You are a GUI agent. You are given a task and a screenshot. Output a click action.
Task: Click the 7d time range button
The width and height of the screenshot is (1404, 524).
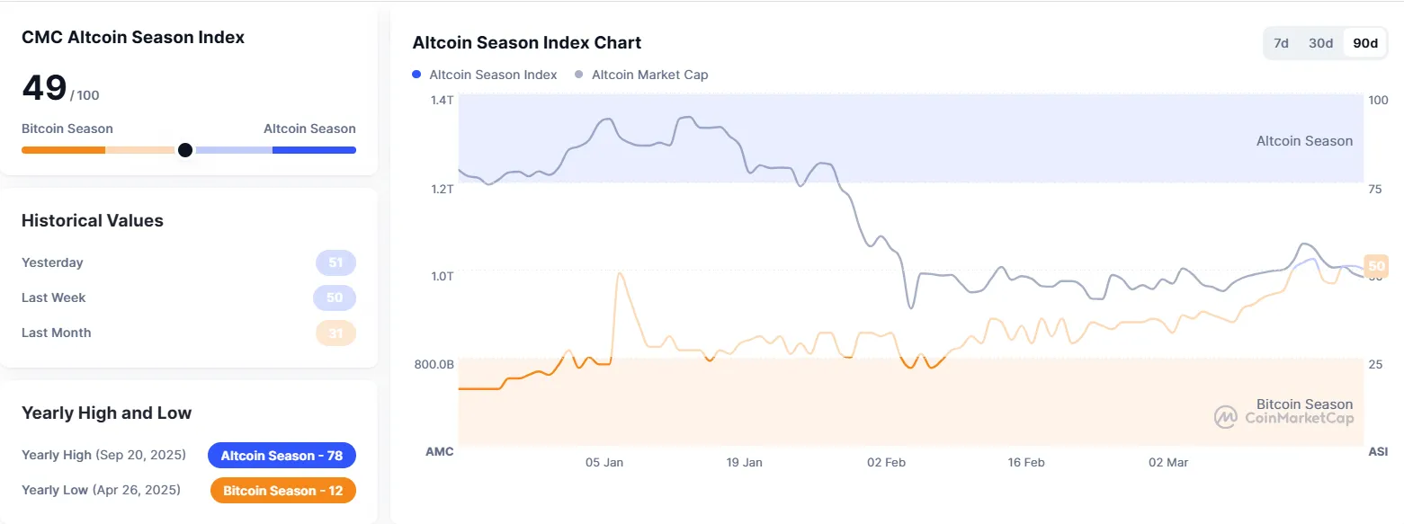click(x=1282, y=43)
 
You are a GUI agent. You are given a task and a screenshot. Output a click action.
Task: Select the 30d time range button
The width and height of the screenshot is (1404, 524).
click(x=1320, y=43)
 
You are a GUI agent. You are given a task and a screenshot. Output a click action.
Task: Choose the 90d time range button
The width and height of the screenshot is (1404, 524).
click(x=1365, y=43)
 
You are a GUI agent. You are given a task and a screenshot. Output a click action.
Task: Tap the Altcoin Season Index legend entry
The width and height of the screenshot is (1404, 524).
click(x=485, y=75)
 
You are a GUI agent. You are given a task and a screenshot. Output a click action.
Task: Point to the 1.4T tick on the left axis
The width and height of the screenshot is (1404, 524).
click(x=442, y=101)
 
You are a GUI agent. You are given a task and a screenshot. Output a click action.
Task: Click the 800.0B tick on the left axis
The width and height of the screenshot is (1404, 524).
click(x=434, y=364)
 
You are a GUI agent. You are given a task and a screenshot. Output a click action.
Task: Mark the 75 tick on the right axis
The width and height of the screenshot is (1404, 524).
click(x=1375, y=189)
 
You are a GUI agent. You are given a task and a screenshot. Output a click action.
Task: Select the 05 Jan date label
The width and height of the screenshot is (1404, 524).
click(x=604, y=462)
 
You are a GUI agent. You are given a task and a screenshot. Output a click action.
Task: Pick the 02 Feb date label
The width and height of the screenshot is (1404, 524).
click(x=886, y=462)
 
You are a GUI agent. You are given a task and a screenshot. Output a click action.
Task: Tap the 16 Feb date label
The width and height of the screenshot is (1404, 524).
click(x=1026, y=462)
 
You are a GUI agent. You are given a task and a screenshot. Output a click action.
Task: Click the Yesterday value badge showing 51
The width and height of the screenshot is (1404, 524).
click(x=335, y=263)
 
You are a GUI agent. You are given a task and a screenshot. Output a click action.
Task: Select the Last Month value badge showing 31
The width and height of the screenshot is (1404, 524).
click(x=335, y=333)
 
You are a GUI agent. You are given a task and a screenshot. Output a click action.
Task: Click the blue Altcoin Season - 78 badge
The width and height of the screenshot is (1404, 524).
click(x=282, y=456)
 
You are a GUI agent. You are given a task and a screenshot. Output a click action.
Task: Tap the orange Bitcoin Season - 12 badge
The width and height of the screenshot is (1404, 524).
click(x=282, y=491)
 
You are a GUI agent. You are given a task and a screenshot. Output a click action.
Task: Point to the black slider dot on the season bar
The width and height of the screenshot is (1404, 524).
click(x=185, y=150)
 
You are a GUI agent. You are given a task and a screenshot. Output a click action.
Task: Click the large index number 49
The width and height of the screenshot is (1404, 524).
click(x=44, y=88)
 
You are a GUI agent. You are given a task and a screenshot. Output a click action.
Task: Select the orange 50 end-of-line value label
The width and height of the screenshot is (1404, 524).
click(x=1376, y=265)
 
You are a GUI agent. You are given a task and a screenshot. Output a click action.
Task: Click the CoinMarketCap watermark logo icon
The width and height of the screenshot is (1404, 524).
click(x=1226, y=417)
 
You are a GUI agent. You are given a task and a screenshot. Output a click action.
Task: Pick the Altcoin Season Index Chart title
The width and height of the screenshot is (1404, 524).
click(x=526, y=43)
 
